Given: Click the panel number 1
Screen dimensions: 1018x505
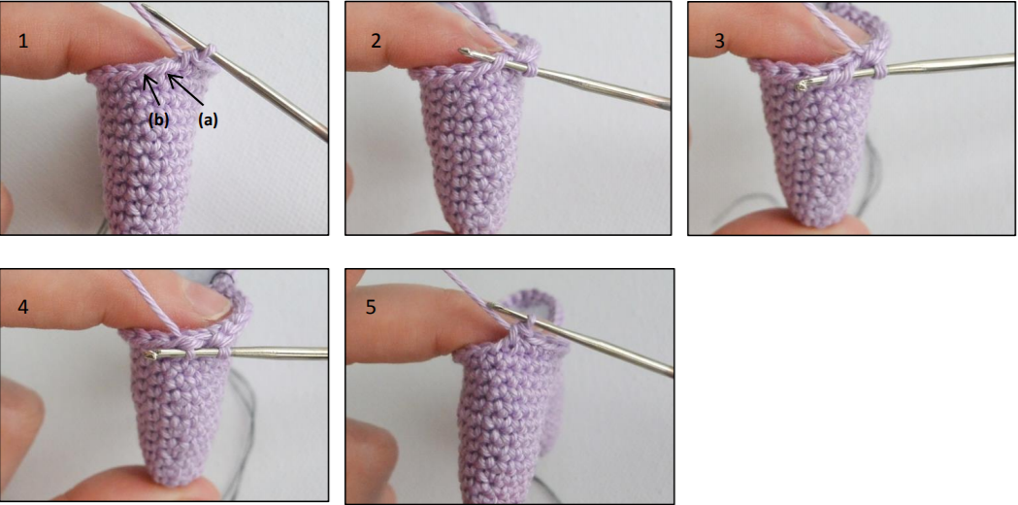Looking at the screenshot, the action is pyautogui.click(x=23, y=42).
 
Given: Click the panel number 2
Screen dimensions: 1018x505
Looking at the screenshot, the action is pyautogui.click(x=377, y=41).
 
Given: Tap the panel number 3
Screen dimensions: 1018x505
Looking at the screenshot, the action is pyautogui.click(x=719, y=41).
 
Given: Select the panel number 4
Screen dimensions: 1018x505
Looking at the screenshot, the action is pyautogui.click(x=24, y=307).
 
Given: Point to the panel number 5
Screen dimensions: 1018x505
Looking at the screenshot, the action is pyautogui.click(x=371, y=307).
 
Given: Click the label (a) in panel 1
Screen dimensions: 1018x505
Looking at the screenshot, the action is pyautogui.click(x=208, y=119).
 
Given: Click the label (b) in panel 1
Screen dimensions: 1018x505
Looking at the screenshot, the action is pyautogui.click(x=159, y=119).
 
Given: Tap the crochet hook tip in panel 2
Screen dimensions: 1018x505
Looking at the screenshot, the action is pyautogui.click(x=463, y=50).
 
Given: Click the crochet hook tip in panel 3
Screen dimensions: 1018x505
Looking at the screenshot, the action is pyautogui.click(x=804, y=84).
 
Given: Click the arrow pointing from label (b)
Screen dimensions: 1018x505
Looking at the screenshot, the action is pyautogui.click(x=151, y=92).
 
